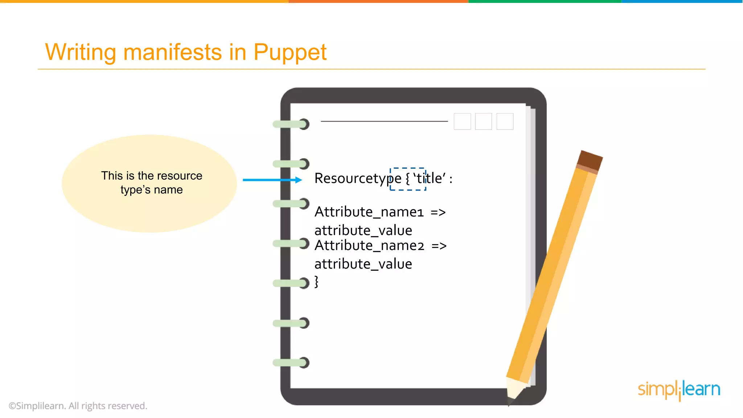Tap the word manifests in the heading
point(172,52)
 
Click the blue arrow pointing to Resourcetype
point(272,180)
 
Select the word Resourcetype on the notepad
point(358,179)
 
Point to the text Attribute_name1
point(369,212)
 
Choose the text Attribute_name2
point(369,246)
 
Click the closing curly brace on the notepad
point(316,282)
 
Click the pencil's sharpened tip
point(512,399)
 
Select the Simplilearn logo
point(679,390)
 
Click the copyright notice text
point(78,406)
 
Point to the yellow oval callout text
point(152,183)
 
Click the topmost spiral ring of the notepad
point(291,124)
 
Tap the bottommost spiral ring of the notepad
point(291,362)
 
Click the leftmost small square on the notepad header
point(462,121)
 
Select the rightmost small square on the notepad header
point(505,121)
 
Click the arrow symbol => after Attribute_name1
point(438,212)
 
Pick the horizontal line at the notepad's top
point(384,121)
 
